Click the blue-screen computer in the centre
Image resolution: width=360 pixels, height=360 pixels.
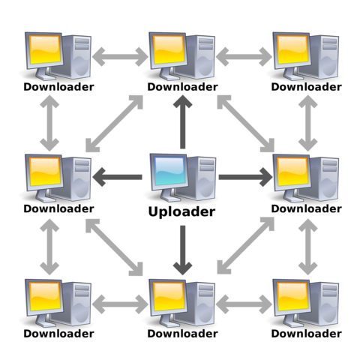click(x=180, y=178)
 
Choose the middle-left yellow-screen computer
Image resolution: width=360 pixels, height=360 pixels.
click(x=56, y=178)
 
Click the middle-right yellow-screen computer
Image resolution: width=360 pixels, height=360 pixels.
click(x=303, y=178)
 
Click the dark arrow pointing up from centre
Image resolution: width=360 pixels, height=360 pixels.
click(x=180, y=120)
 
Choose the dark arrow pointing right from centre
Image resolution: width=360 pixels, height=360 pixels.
click(x=244, y=178)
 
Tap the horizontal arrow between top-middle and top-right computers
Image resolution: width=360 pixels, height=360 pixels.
click(x=243, y=55)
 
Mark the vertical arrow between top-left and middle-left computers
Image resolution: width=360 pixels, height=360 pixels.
click(x=49, y=116)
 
